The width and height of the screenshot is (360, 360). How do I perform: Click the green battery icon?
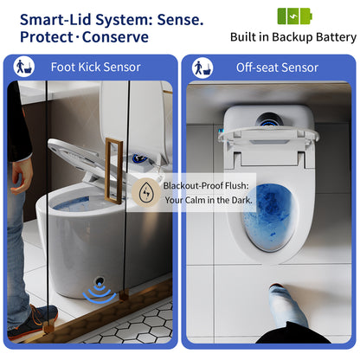pos(291,16)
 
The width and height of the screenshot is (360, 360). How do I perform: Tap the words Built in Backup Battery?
pos(292,37)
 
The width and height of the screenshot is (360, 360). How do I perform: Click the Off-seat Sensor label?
pos(277,67)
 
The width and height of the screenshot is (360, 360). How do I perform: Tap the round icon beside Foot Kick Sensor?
pos(24,67)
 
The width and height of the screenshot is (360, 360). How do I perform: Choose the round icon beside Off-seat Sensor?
pos(201,67)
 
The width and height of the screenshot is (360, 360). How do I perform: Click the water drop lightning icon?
pos(148,192)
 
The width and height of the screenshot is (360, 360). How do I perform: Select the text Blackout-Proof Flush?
pos(208,184)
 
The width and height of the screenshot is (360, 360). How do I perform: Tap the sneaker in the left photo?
pos(33,325)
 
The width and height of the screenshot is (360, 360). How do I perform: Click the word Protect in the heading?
pos(44,36)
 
